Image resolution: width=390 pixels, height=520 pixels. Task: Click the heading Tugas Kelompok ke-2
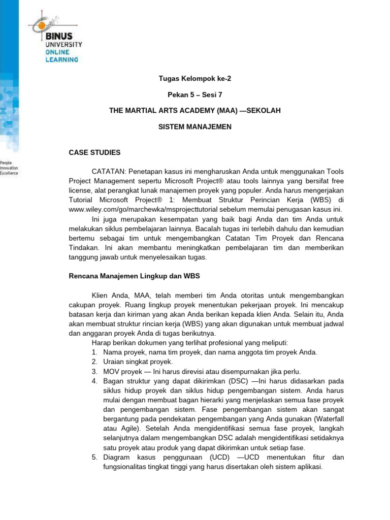coord(194,79)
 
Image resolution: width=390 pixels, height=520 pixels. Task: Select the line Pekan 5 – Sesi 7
coord(194,94)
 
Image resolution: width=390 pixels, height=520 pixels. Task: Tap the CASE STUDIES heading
coord(94,152)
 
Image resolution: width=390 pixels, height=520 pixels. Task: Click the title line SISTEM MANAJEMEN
coord(194,126)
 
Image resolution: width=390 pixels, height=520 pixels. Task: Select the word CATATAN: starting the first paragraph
coord(109,172)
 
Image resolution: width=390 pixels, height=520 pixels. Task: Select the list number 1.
coord(94,352)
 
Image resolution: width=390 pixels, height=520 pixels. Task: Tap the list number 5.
coord(94,457)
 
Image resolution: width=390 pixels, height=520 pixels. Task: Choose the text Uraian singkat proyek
coord(138,362)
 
